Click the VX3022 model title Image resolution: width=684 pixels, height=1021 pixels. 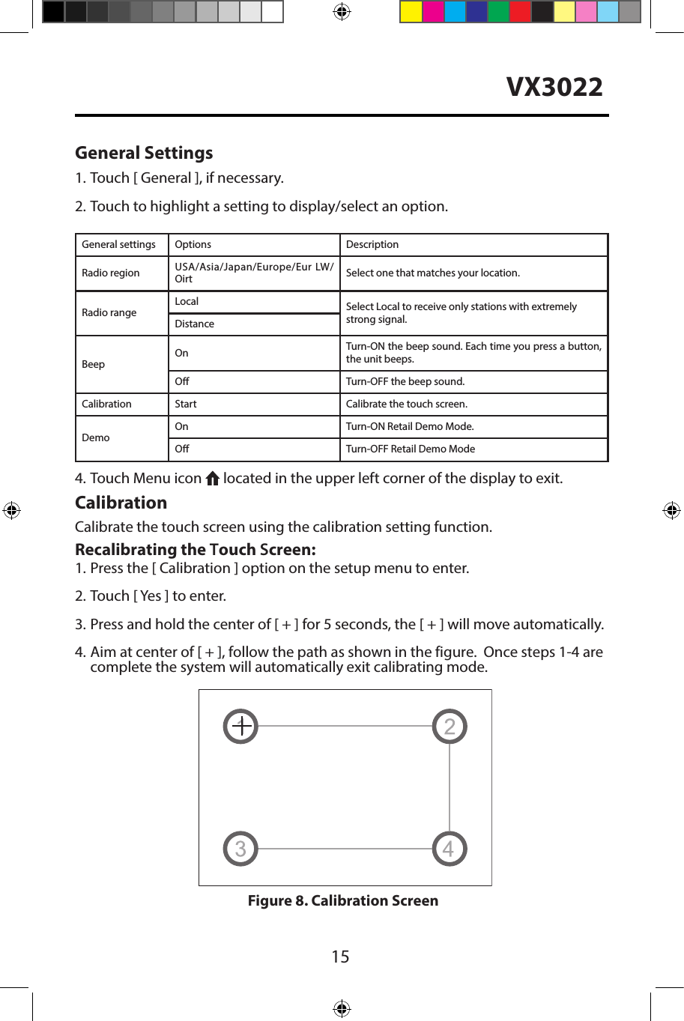554,87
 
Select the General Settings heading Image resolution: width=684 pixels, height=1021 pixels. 144,153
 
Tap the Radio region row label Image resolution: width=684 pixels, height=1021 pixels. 111,273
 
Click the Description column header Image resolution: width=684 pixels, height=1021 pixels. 372,244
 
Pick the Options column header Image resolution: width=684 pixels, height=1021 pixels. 193,244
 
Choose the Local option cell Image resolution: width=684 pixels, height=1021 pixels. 187,301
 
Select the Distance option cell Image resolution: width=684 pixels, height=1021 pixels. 194,324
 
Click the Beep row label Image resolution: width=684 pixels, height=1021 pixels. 94,364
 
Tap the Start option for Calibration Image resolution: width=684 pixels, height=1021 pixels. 186,404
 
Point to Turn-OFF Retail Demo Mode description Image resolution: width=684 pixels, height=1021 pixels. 411,449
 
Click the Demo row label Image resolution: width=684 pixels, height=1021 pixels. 96,437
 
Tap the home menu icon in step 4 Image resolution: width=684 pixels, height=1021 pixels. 212,479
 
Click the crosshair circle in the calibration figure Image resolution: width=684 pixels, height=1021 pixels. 240,726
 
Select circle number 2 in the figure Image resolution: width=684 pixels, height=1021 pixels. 450,726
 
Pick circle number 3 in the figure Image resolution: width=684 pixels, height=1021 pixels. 240,849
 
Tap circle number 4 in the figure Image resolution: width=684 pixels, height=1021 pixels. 450,849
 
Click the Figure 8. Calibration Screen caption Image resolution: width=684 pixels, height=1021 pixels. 343,900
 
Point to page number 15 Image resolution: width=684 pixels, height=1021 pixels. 340,957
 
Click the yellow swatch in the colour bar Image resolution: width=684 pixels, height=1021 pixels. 411,12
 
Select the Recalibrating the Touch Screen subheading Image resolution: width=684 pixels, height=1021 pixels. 196,549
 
